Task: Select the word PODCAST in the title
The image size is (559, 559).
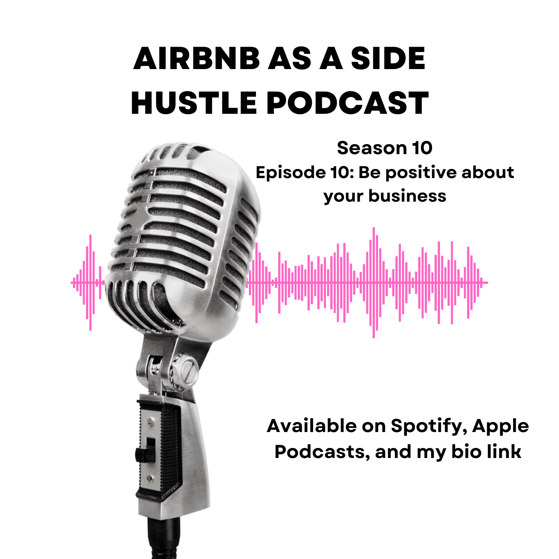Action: click(347, 103)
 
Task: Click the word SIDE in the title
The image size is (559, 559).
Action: click(388, 59)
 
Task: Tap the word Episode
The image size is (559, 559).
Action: click(291, 172)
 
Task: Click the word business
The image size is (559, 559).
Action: click(407, 196)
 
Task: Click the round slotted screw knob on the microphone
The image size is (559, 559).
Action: click(187, 370)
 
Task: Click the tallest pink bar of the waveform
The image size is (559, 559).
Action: click(373, 283)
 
